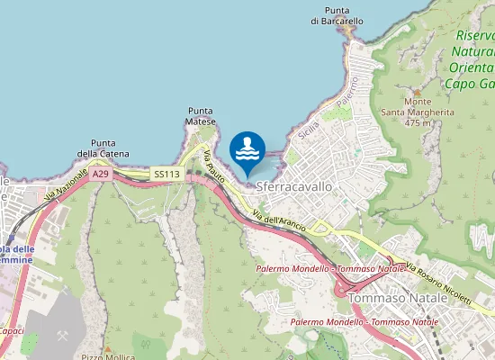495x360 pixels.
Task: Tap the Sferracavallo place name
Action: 294,186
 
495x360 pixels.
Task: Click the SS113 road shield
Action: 166,174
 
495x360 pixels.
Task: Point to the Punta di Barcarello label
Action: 337,14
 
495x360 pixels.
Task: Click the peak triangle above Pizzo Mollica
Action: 106,347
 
